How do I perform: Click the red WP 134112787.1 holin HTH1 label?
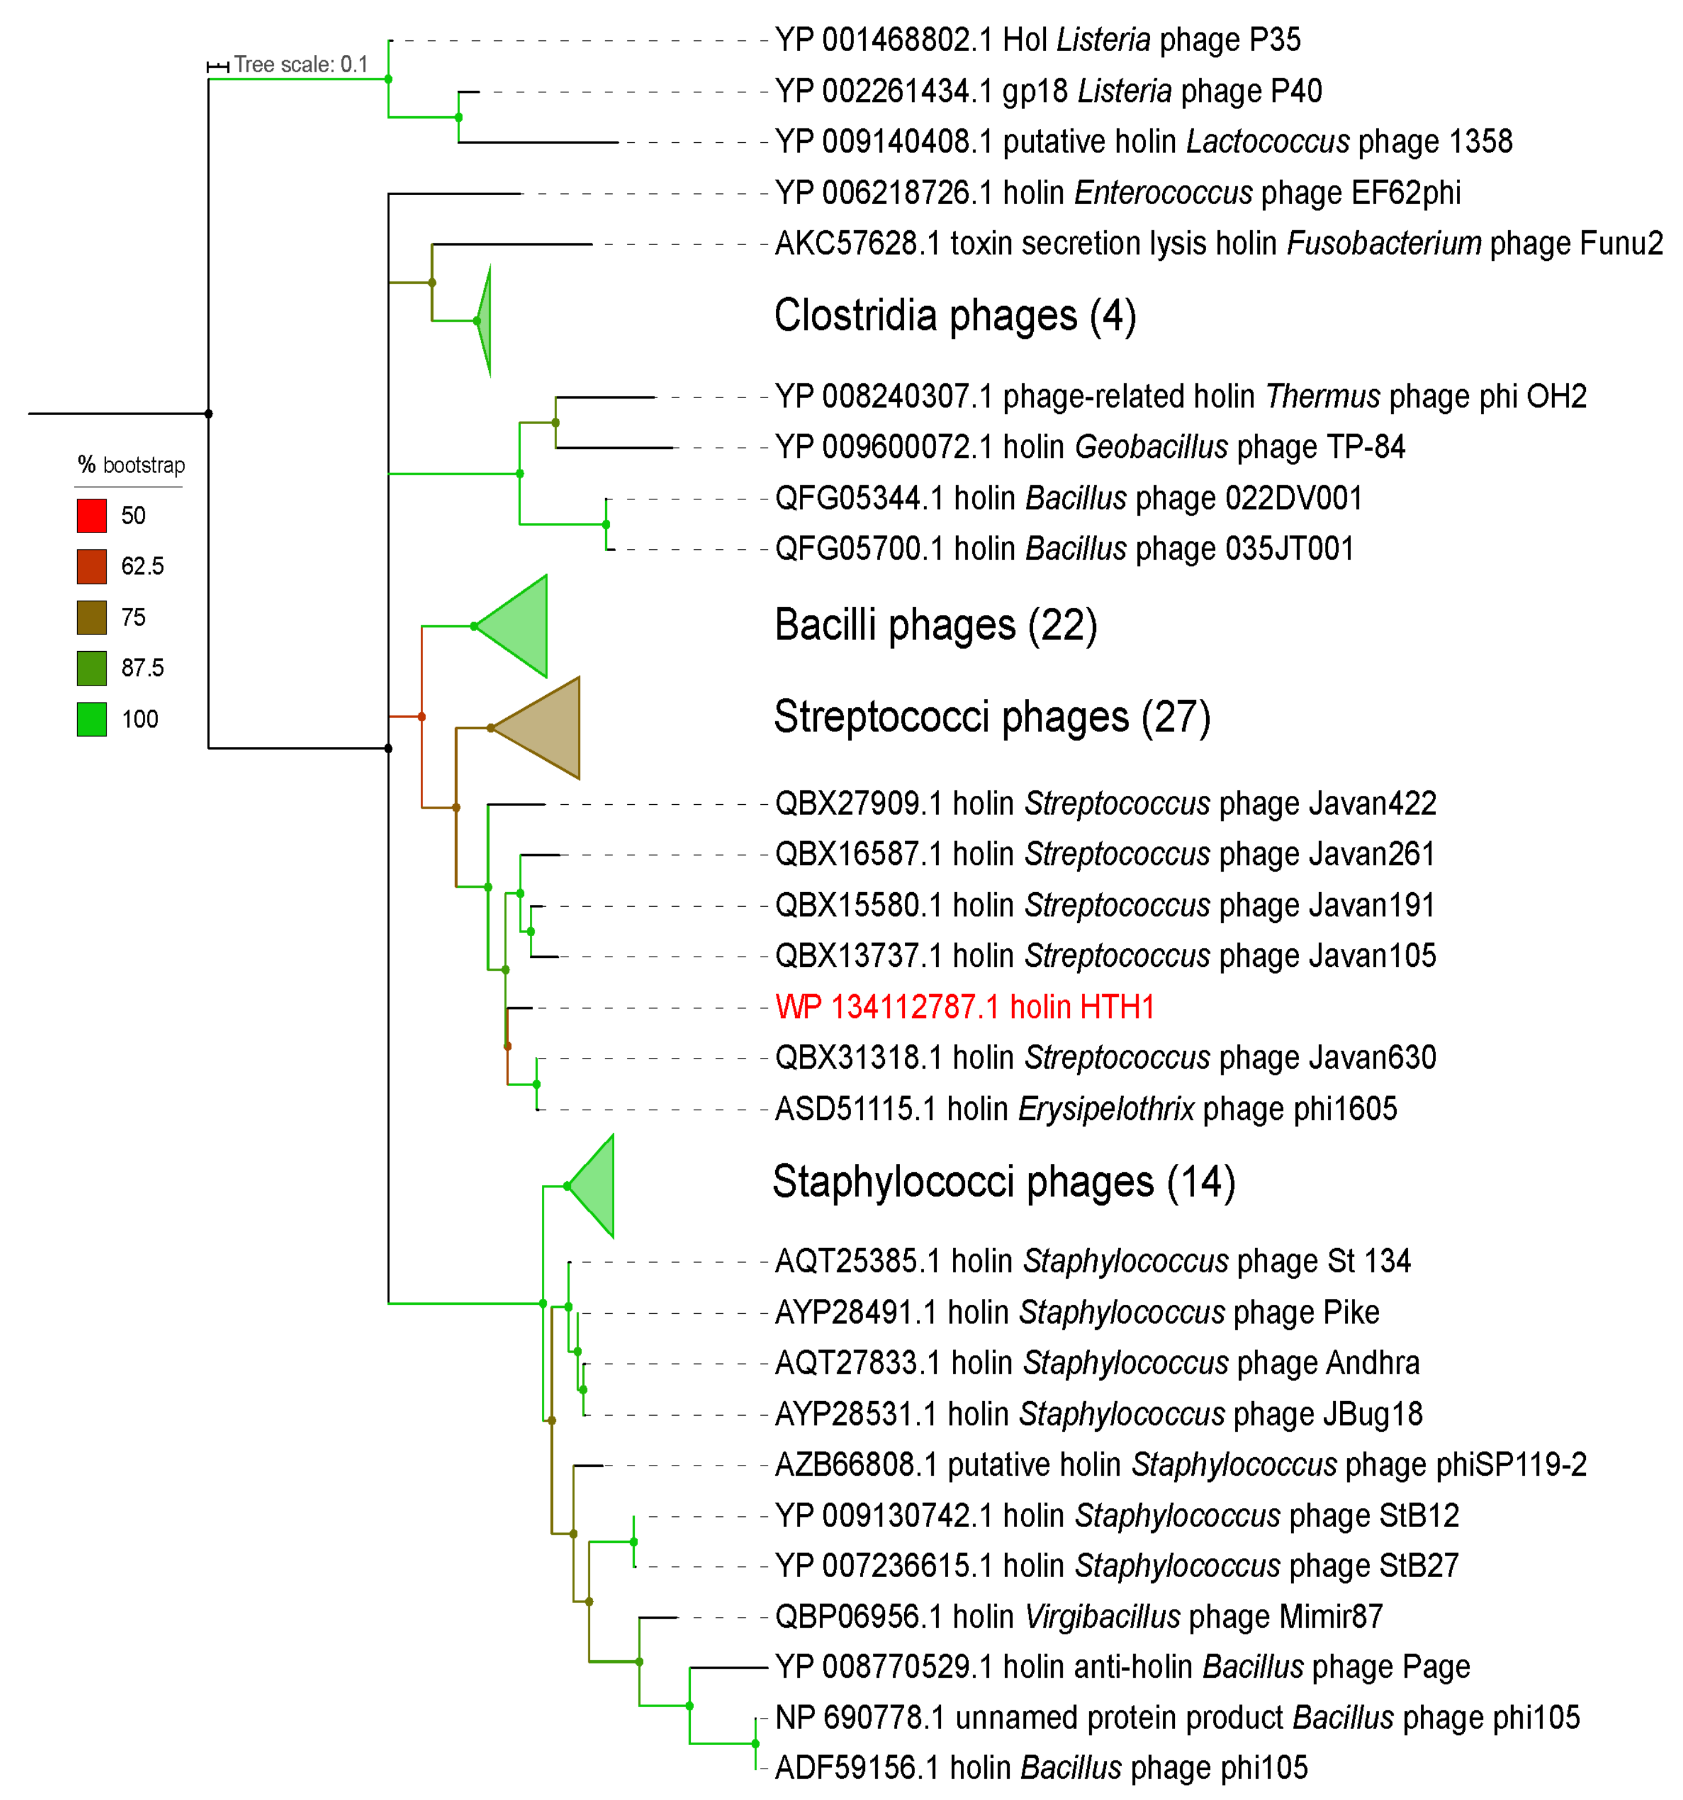click(964, 1007)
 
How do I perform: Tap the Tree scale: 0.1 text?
click(301, 64)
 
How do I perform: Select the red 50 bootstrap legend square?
click(92, 515)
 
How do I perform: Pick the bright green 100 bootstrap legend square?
click(92, 719)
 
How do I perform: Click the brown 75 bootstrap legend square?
click(92, 617)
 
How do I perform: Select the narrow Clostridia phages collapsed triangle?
click(485, 320)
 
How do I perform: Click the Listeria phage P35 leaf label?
click(1037, 40)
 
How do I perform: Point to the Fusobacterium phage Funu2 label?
click(1218, 243)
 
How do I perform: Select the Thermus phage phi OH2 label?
click(1180, 396)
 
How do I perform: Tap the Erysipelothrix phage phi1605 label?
click(1085, 1108)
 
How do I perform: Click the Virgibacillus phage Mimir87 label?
click(1078, 1616)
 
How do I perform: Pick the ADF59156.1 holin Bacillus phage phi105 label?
click(1041, 1767)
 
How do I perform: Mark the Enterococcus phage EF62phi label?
click(1117, 193)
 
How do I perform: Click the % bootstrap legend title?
click(131, 466)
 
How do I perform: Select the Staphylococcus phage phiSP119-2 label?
click(1180, 1464)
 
